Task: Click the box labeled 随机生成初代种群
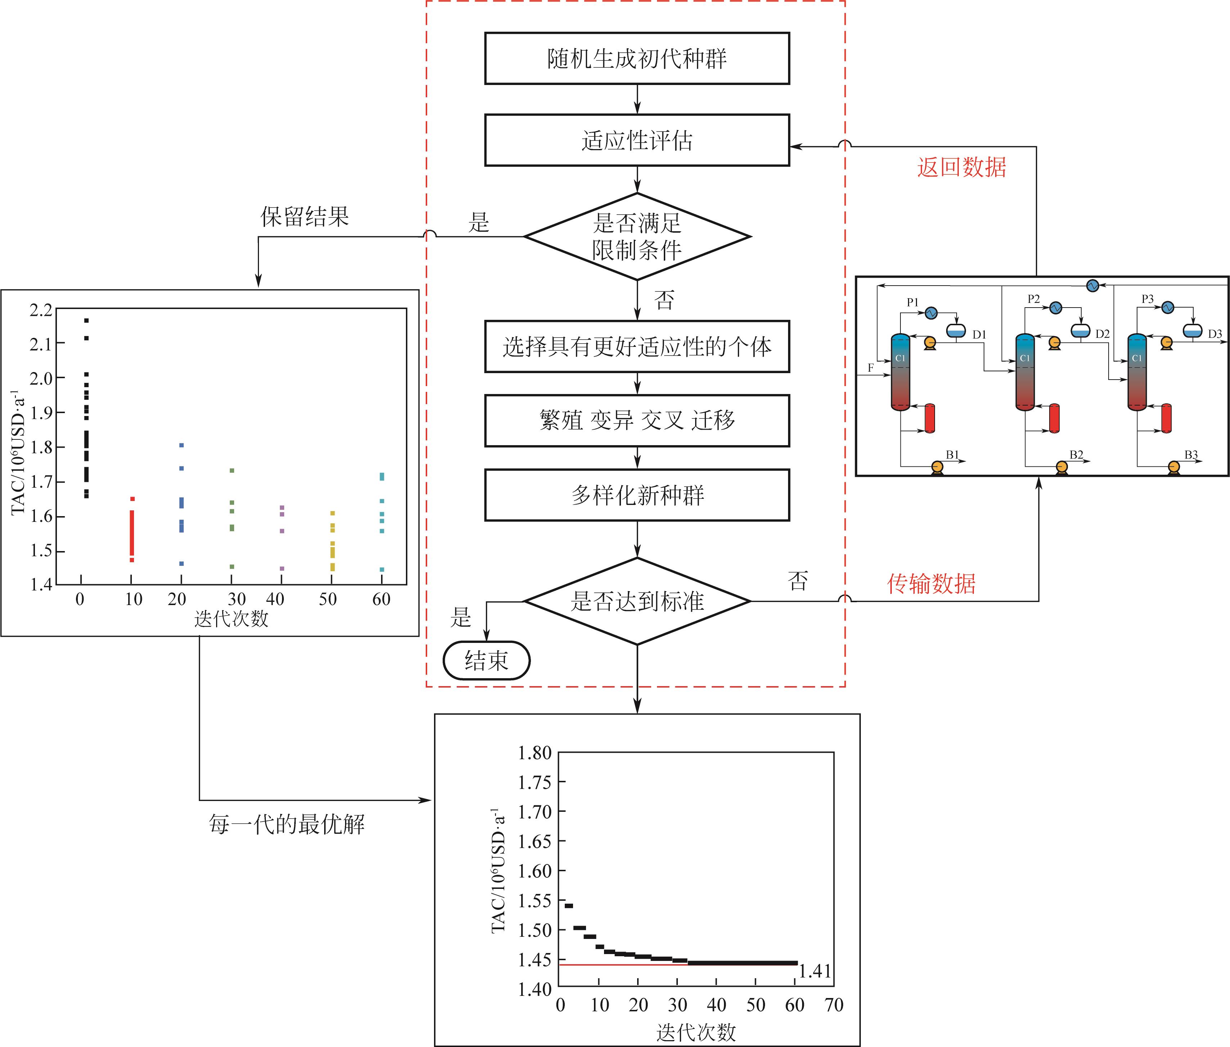(636, 58)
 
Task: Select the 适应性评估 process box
(636, 141)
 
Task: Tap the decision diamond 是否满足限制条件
(637, 236)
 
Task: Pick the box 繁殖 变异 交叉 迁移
(636, 420)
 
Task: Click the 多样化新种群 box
(636, 495)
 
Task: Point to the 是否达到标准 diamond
(637, 601)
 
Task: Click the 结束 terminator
(486, 660)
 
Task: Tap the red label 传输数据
(931, 583)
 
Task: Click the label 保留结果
(305, 217)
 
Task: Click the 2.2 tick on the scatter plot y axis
(41, 310)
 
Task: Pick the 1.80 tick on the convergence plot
(534, 753)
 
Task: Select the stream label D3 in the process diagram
(1215, 334)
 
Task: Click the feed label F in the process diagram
(871, 368)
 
